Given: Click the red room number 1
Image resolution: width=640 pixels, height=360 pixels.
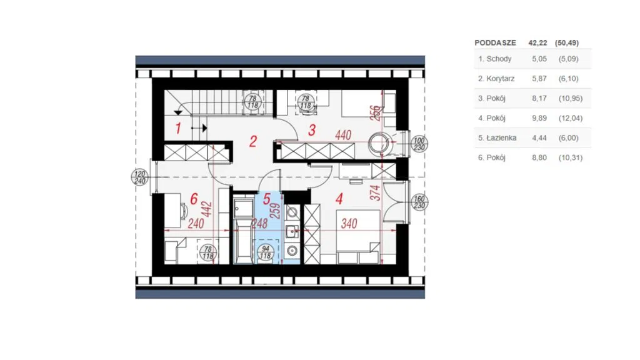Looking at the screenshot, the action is [178, 129].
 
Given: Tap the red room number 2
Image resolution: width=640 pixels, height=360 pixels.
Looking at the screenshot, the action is [253, 142].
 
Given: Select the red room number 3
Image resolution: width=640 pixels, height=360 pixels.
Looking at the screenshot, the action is [312, 130].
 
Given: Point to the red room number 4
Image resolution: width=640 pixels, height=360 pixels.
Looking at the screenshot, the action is [339, 199].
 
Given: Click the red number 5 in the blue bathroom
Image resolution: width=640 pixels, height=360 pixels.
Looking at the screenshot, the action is [267, 199].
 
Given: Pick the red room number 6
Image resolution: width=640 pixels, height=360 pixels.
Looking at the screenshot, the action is [194, 199].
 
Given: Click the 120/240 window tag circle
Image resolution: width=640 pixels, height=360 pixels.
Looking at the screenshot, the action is [139, 177].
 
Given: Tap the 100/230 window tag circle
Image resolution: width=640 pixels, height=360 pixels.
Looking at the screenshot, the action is [419, 144].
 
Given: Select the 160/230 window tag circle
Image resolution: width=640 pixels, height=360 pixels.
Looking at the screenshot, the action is [419, 202].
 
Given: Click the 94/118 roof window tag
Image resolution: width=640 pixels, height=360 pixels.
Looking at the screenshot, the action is [265, 252].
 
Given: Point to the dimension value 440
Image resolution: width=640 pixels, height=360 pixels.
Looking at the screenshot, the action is [343, 135].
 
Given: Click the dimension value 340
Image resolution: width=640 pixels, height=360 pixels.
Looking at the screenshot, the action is [349, 223].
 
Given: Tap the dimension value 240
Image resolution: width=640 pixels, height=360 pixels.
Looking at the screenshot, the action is [196, 223].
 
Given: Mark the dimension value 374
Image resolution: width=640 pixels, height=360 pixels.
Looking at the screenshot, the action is [376, 192].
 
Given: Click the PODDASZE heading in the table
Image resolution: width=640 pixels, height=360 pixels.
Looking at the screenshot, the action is [495, 43].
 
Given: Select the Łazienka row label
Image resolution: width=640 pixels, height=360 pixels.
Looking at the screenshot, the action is [502, 138].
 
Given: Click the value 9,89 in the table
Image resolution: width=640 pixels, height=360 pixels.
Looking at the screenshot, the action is [539, 118].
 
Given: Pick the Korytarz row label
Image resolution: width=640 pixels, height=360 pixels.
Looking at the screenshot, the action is [501, 79].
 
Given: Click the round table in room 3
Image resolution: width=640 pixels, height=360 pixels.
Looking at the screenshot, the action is [379, 144].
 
